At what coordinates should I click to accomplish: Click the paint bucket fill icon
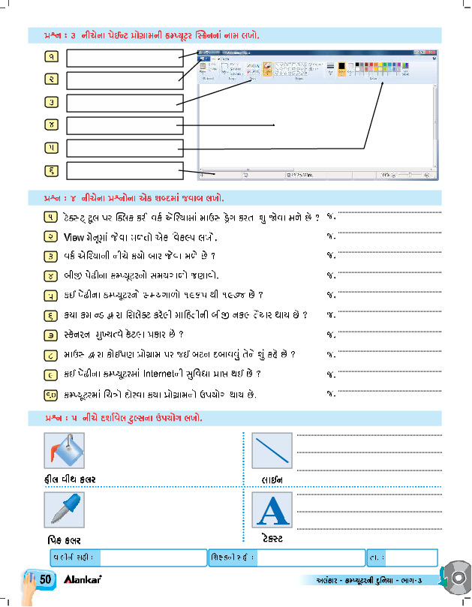[x=68, y=452]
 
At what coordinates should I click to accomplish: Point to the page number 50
[x=46, y=580]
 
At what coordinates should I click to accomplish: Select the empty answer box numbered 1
[x=125, y=56]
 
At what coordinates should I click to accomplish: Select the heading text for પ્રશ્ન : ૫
[x=116, y=416]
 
